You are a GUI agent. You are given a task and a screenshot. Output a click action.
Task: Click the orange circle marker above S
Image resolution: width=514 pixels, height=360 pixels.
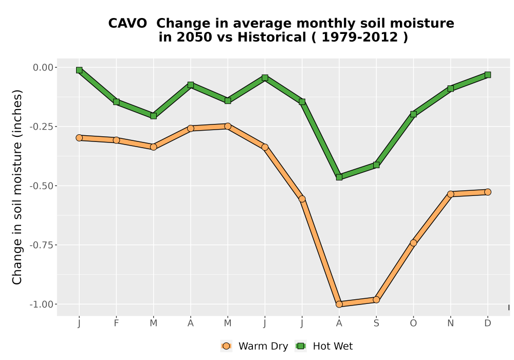pos(376,300)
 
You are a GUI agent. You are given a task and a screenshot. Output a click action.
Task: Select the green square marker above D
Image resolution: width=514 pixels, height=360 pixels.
pos(488,75)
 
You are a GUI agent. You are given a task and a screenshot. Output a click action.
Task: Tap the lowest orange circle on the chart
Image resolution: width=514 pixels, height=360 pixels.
pos(339,304)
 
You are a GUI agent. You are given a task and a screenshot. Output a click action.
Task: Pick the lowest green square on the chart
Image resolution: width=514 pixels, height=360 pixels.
pos(339,177)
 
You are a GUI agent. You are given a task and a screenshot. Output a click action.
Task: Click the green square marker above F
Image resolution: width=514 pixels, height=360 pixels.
pos(116,102)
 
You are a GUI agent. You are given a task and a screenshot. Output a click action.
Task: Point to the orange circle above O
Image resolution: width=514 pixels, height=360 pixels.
pos(413,243)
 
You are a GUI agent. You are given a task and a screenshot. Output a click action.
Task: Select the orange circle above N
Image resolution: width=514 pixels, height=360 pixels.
pos(451,194)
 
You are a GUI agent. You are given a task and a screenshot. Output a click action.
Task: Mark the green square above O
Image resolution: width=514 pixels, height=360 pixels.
pos(413,114)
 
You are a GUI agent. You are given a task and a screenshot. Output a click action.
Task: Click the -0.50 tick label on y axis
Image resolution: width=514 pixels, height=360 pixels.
pos(41,186)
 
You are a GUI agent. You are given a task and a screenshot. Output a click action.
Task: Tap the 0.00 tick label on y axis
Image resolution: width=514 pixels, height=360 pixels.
pos(43,67)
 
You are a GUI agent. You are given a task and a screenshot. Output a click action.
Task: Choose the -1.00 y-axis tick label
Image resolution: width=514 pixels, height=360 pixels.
pos(41,304)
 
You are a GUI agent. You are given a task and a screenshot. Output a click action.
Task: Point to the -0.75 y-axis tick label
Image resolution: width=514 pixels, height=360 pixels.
pos(41,245)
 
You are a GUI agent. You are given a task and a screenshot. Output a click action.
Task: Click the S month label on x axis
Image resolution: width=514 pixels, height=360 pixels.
pos(376,323)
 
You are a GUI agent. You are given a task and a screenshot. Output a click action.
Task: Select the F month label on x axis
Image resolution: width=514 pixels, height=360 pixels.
pos(116,323)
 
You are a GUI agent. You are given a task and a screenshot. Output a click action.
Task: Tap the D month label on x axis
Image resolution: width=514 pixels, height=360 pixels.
pos(488,323)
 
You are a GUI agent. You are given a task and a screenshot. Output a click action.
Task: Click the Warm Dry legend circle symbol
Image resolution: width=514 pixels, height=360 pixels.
pos(226,346)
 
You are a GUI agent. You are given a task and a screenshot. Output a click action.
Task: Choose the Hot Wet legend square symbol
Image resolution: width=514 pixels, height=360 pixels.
pos(301,346)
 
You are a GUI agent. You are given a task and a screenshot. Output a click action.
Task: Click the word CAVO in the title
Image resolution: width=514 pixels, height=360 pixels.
pos(127,24)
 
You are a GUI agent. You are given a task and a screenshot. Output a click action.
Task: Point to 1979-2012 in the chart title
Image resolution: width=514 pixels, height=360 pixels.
pos(360,37)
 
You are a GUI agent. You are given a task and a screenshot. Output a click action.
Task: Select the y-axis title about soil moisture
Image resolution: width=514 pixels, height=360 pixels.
pos(17,187)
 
